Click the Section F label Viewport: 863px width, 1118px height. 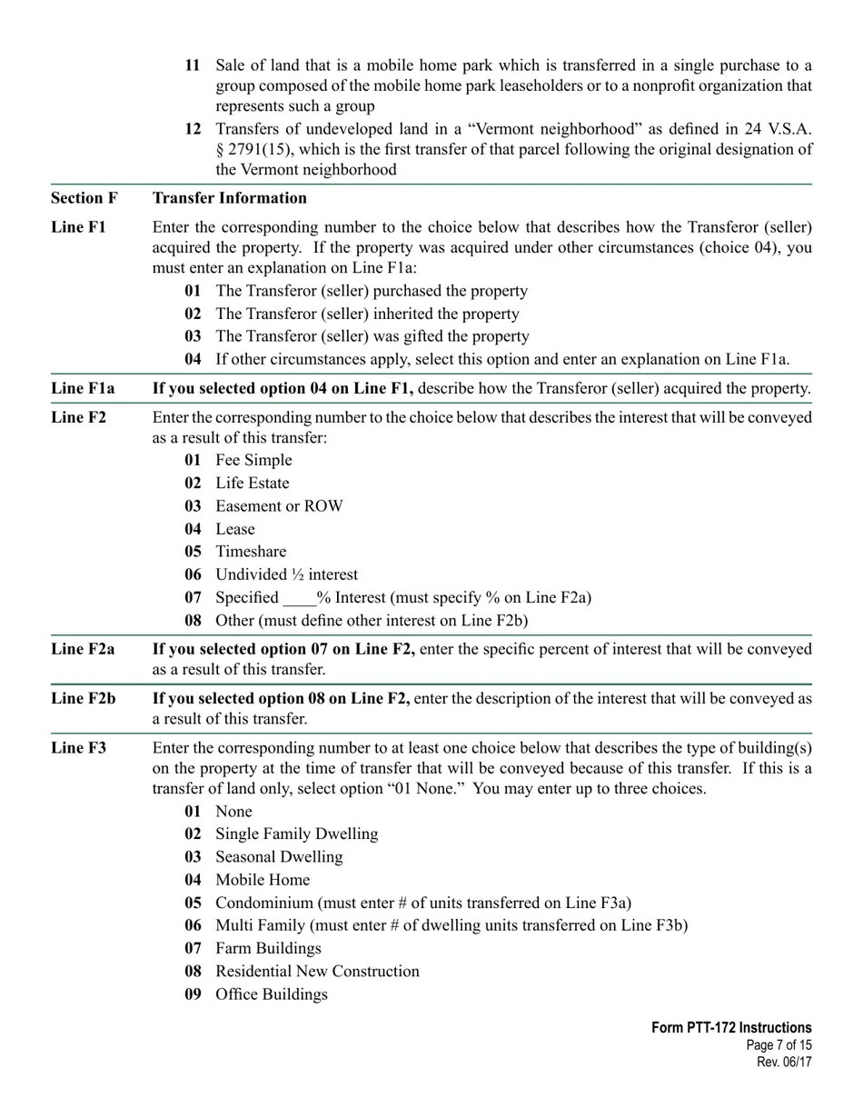84,198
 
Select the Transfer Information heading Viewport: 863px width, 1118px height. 229,198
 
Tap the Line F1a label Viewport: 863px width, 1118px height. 83,389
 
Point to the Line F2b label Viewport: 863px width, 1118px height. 83,699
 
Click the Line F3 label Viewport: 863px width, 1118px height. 78,748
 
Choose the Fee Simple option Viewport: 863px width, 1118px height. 253,461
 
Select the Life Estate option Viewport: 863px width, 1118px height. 252,484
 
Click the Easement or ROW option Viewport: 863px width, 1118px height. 279,506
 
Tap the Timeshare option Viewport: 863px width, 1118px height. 250,552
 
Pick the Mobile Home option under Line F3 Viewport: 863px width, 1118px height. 262,880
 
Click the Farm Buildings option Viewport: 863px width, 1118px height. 268,949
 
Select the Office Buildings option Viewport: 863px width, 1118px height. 271,994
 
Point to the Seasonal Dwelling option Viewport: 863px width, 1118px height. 278,857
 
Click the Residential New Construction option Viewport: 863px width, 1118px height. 317,972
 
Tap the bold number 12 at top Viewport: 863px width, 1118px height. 193,129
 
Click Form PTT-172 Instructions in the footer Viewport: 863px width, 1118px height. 730,1028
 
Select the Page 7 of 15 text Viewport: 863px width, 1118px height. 779,1045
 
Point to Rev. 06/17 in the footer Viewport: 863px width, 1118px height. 784,1062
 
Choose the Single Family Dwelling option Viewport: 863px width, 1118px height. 296,834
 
